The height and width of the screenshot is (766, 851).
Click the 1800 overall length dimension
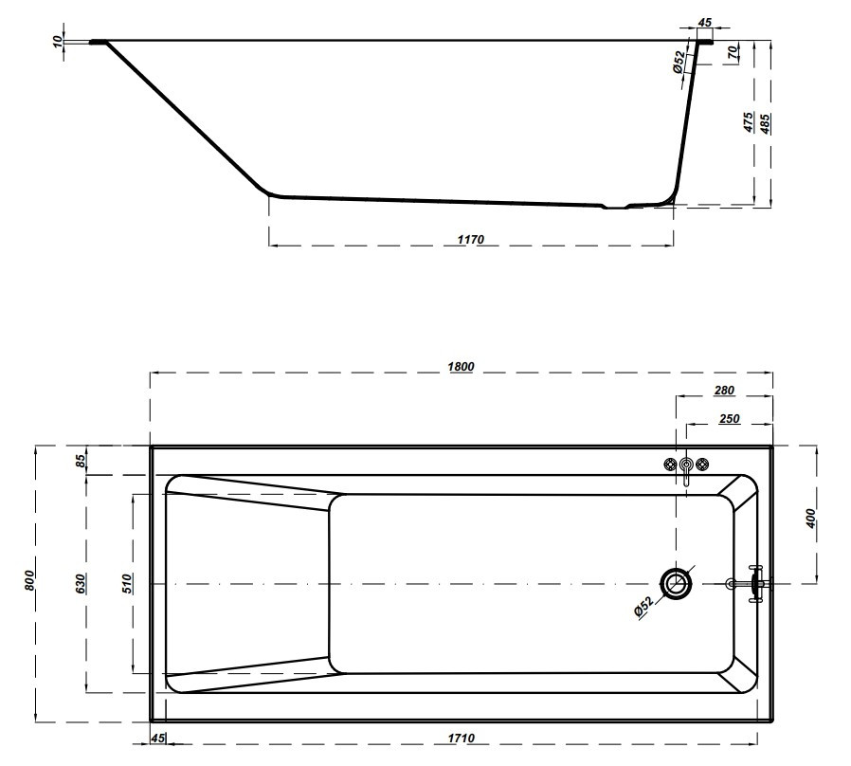[461, 367]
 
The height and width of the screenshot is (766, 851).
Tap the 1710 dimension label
[461, 738]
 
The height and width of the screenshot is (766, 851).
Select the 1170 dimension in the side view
[471, 240]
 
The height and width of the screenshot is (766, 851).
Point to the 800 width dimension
[29, 580]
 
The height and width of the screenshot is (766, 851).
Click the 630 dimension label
[81, 583]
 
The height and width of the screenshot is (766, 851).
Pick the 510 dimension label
[127, 583]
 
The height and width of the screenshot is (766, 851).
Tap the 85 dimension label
[81, 461]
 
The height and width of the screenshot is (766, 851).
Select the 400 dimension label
[810, 519]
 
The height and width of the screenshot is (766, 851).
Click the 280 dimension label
[724, 390]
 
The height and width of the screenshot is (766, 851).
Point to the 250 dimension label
[729, 419]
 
